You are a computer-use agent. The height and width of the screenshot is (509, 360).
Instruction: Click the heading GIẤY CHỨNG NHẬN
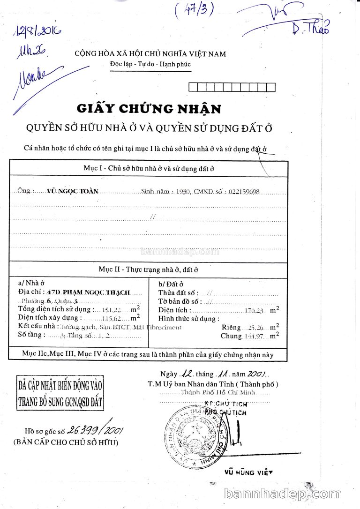[x=149, y=109]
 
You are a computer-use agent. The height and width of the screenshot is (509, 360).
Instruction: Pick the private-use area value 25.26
[x=255, y=327]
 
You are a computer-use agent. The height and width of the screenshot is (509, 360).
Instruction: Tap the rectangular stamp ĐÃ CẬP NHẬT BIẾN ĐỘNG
[x=60, y=394]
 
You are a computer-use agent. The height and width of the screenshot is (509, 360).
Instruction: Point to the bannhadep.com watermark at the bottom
[x=283, y=494]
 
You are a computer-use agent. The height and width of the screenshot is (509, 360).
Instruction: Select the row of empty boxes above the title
[x=231, y=87]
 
